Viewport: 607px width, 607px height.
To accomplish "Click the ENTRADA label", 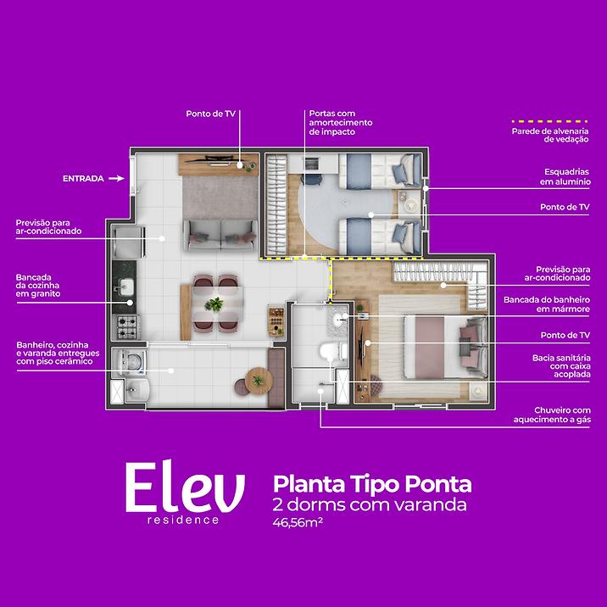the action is (83, 179).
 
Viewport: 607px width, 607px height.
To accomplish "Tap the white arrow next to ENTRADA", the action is (116, 179).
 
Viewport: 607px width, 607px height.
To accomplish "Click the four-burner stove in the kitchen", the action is (127, 326).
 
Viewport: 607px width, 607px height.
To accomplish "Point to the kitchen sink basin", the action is (125, 287).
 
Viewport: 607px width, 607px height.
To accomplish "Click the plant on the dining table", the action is (214, 303).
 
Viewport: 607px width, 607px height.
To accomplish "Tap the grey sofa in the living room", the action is (220, 235).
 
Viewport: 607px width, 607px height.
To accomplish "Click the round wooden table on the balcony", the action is (259, 381).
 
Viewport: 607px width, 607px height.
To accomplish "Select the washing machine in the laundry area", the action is (131, 362).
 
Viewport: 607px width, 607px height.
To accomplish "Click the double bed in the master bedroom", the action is (445, 347).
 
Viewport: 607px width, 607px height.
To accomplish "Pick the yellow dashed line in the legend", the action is (549, 121).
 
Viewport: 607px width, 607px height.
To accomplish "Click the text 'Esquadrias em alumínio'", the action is (565, 176).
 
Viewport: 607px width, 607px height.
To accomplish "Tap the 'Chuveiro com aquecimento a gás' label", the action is (552, 415).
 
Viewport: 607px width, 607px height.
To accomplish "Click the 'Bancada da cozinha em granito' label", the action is (38, 286).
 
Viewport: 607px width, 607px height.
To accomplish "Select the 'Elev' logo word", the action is (185, 488).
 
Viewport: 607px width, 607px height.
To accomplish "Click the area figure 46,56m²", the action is (298, 522).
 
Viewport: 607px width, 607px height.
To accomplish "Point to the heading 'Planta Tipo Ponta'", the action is (372, 484).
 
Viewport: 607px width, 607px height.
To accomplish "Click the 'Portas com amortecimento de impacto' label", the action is (341, 122).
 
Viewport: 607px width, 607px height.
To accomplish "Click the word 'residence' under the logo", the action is (183, 520).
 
